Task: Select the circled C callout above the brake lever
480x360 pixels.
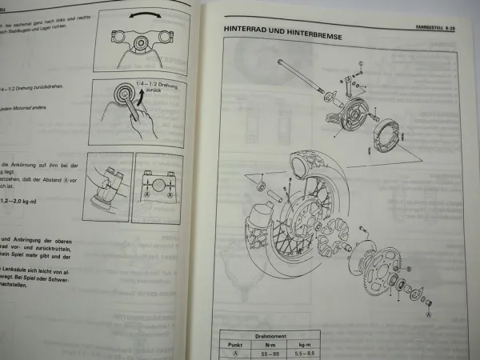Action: tap(360, 62)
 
